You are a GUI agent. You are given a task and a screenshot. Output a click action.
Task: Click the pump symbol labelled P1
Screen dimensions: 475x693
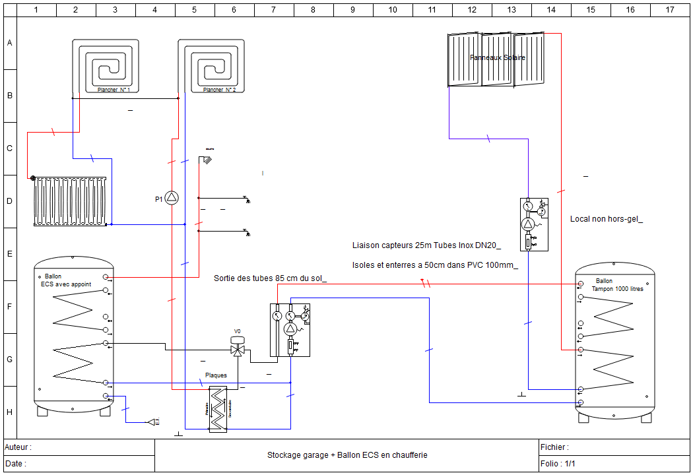point(172,198)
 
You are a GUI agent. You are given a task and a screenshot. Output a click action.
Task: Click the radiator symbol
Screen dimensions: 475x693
point(71,201)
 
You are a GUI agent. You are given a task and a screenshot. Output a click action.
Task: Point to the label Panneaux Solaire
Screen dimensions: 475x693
point(498,58)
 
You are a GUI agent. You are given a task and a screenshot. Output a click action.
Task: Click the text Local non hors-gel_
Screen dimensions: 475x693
point(606,219)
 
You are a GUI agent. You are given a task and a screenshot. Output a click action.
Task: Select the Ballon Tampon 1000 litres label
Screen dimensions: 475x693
point(616,285)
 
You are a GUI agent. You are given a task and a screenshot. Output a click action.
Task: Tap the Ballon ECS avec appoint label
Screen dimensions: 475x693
point(66,280)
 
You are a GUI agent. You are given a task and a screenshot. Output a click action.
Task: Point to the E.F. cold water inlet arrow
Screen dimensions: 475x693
point(153,422)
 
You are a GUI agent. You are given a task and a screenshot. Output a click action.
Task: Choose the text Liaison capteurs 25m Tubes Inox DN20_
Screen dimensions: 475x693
point(426,245)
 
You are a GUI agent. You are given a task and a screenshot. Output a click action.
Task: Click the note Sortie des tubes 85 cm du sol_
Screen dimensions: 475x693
point(270,278)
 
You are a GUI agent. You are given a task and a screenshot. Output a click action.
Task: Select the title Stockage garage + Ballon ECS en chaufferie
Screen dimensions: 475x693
point(347,455)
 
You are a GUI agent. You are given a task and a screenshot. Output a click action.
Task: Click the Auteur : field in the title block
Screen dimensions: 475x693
point(18,447)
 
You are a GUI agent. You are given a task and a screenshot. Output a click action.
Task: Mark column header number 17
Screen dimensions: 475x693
point(670,9)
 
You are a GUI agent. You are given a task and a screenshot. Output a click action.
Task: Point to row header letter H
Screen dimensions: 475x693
point(9,412)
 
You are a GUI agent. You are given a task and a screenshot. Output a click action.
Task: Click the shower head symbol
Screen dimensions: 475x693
point(208,159)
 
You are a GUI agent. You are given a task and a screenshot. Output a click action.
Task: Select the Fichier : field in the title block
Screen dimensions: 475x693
point(554,447)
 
